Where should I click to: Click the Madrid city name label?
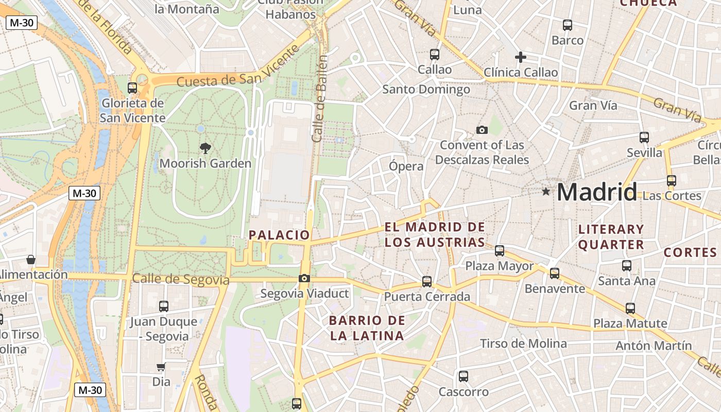point(596,192)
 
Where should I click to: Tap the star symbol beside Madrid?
point(546,192)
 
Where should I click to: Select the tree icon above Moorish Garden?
point(205,148)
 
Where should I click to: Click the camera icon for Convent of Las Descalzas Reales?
point(482,130)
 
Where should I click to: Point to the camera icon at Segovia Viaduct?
point(304,279)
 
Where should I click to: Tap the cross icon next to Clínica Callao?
point(521,57)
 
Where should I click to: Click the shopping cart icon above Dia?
point(161,367)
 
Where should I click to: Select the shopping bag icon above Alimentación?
point(31,259)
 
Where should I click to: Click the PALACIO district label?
point(279,235)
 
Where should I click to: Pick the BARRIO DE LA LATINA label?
point(367,328)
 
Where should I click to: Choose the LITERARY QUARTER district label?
point(611,237)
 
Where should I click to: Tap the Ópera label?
point(406,166)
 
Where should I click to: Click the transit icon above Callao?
point(435,54)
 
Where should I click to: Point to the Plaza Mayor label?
point(499,266)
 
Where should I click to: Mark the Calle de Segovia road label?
point(180,279)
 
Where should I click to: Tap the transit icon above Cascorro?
point(463,376)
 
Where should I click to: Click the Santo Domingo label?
point(426,90)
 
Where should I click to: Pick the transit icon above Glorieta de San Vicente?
point(132,88)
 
